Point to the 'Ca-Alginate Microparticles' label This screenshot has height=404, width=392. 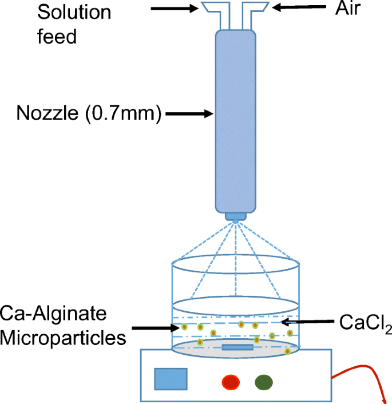pyautogui.click(x=63, y=325)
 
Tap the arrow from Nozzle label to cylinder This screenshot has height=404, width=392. pyautogui.click(x=189, y=114)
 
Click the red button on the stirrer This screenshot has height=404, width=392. pyautogui.click(x=231, y=381)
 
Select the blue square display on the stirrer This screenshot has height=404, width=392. pyautogui.click(x=170, y=379)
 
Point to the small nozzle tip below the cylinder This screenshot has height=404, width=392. pyautogui.click(x=235, y=217)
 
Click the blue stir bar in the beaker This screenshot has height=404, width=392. pyautogui.click(x=237, y=347)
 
